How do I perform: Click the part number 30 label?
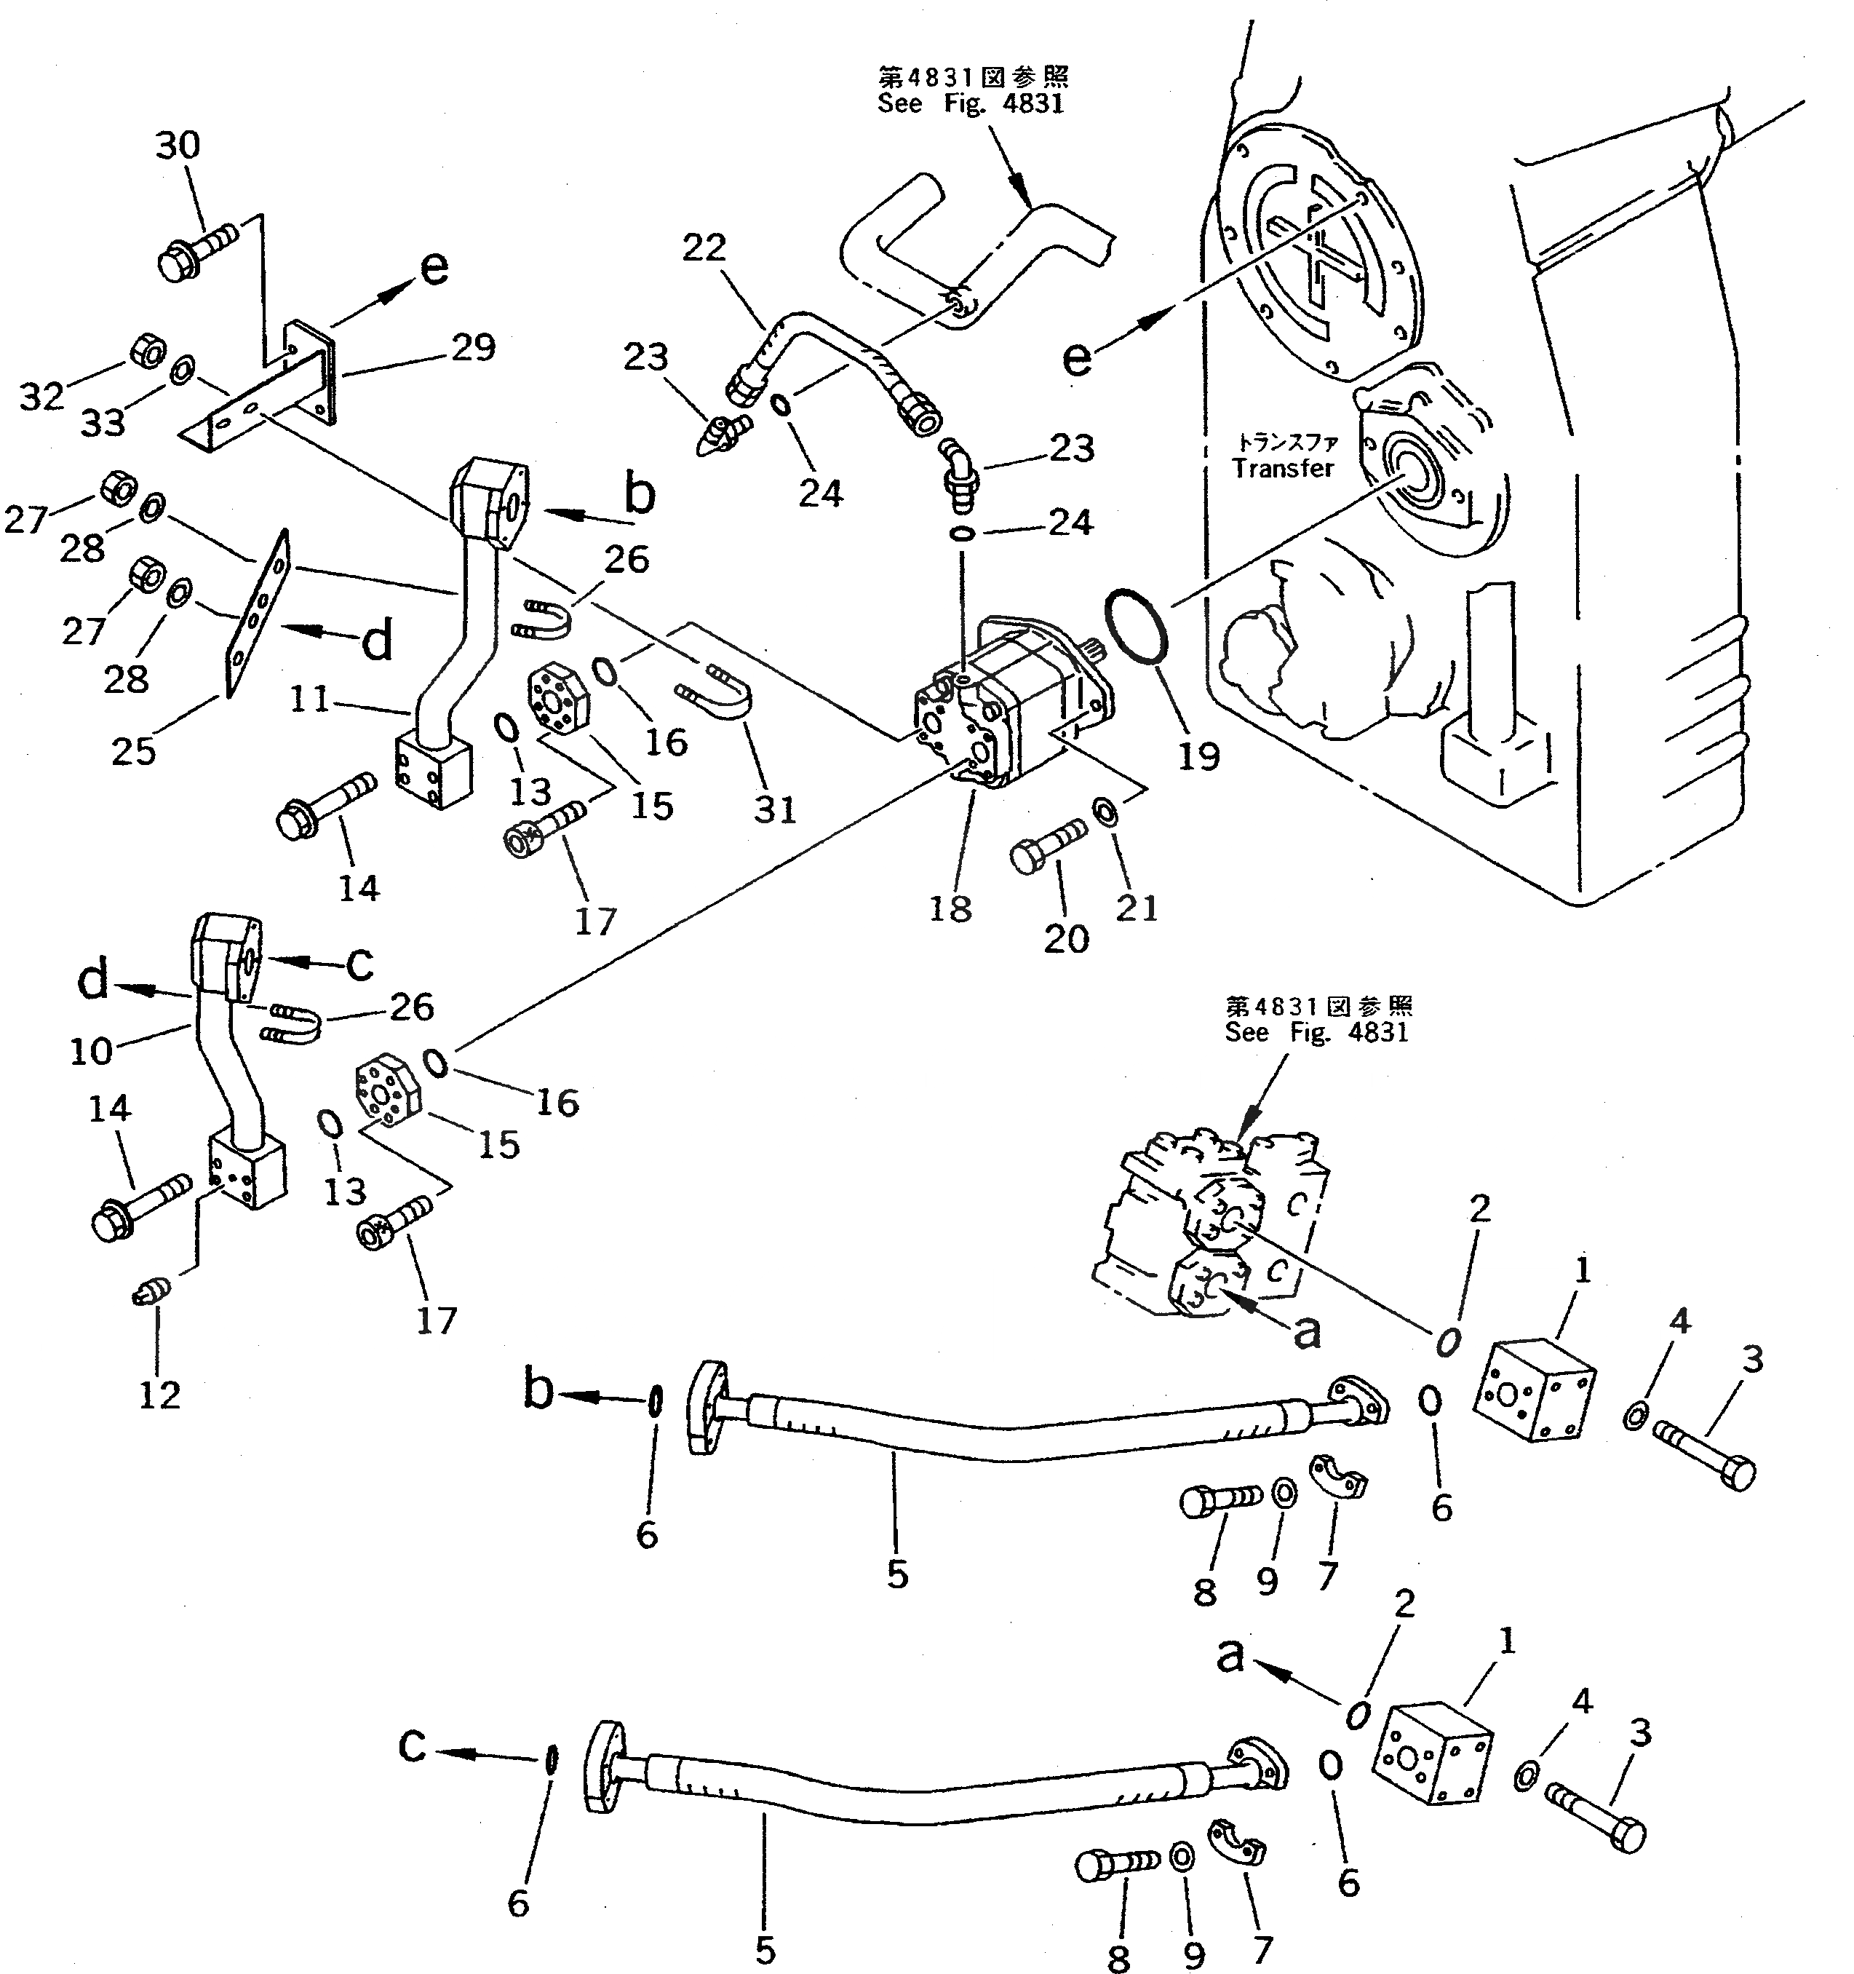click(x=178, y=146)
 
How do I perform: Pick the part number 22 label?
click(x=704, y=247)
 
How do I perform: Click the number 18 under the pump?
click(x=950, y=908)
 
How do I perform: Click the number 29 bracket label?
click(x=472, y=347)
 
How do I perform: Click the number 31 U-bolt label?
click(x=775, y=809)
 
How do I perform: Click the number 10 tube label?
click(x=91, y=1050)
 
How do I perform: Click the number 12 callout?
click(x=159, y=1395)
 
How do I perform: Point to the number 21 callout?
click(x=1137, y=907)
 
